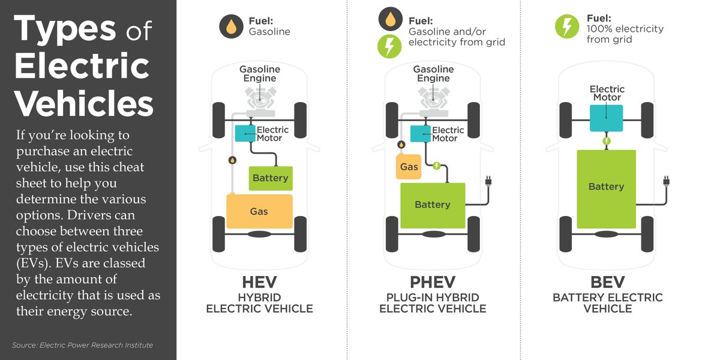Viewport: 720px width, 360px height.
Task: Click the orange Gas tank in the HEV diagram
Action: [259, 211]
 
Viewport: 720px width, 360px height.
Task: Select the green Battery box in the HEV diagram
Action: [271, 178]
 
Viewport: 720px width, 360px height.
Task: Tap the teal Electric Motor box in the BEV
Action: [607, 118]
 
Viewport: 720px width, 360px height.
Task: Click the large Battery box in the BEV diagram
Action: [606, 187]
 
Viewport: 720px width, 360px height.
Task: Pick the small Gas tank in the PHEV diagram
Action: [409, 166]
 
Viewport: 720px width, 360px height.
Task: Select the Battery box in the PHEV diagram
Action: [433, 205]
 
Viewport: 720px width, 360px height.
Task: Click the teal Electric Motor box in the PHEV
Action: [420, 134]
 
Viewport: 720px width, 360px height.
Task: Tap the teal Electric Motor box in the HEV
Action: [245, 134]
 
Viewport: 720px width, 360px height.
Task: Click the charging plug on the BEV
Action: [665, 179]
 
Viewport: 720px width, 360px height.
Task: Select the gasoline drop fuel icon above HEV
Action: [230, 27]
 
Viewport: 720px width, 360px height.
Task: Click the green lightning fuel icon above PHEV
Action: [389, 46]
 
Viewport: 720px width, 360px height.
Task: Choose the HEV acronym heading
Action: [259, 282]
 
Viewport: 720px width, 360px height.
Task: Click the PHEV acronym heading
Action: [433, 282]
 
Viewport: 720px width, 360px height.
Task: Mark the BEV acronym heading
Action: [607, 282]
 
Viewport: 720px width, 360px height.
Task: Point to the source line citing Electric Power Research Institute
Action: [82, 345]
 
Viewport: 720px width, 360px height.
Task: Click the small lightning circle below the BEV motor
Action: [607, 141]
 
